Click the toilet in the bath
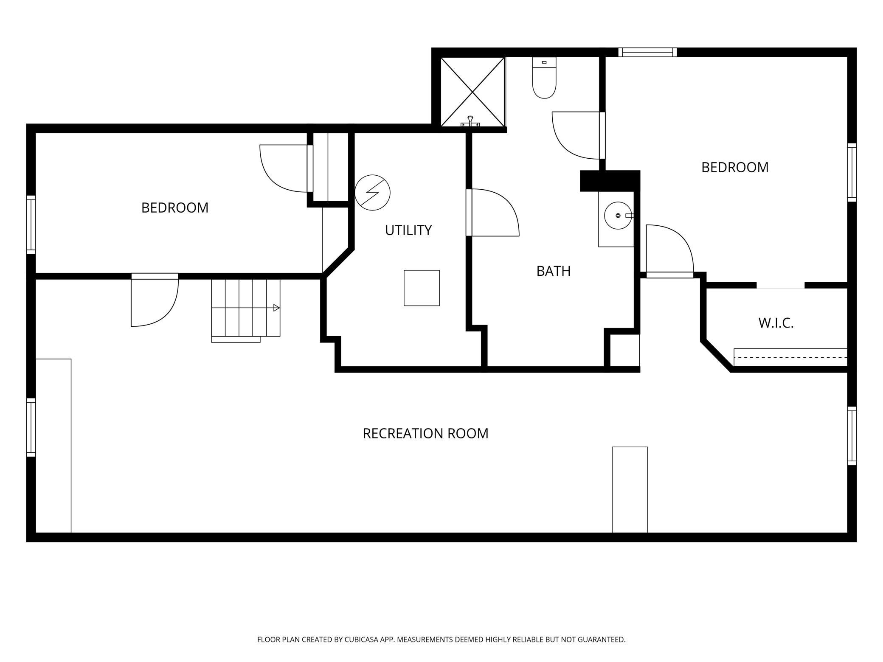pos(544,78)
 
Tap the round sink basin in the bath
pos(618,216)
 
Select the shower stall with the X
pos(473,92)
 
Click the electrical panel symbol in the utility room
pos(372,192)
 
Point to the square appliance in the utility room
pos(422,288)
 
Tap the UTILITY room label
pos(408,230)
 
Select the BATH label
pos(553,271)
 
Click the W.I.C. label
pos(776,323)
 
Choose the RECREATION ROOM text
pos(425,433)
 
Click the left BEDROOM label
pos(175,208)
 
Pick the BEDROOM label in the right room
pos(735,167)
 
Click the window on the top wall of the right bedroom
pos(647,52)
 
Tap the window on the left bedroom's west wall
pos(31,225)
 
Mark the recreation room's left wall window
pos(31,427)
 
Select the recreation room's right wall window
pos(852,436)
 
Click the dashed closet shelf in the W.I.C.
pos(790,357)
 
